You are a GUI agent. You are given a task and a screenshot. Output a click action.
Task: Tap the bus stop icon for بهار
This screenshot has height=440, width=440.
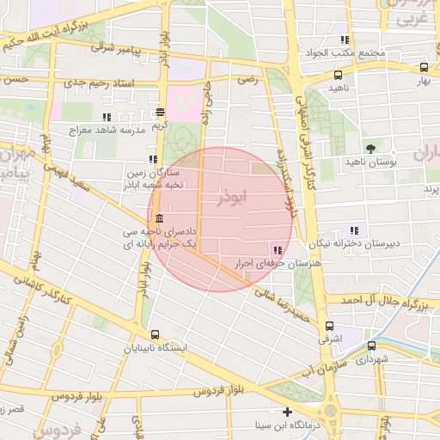(x=424, y=67)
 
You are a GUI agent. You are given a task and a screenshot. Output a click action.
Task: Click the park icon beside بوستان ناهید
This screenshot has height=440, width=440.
(x=371, y=148)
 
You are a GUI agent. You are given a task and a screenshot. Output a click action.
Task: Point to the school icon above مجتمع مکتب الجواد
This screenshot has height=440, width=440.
(x=345, y=40)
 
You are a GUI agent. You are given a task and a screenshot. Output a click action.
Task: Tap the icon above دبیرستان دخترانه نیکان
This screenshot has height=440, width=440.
(x=354, y=229)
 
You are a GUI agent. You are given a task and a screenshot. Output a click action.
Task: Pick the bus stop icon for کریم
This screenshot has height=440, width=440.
(x=160, y=112)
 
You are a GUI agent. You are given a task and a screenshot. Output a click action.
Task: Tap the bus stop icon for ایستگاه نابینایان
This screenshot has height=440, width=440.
(x=155, y=334)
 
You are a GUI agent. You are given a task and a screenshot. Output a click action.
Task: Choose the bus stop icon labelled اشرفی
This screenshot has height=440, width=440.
(x=330, y=327)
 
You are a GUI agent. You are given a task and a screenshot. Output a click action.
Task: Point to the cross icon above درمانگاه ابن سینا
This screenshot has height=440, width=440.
(x=288, y=412)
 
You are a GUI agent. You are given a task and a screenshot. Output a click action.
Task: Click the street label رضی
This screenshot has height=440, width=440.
(x=247, y=78)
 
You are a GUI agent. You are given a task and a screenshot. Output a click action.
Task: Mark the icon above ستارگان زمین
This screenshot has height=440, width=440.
(x=153, y=159)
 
